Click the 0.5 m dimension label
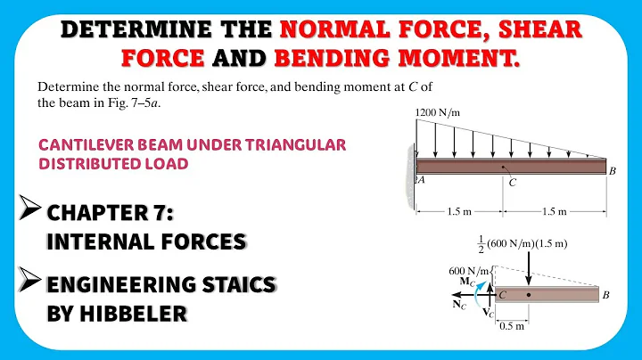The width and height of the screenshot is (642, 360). coord(514,325)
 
